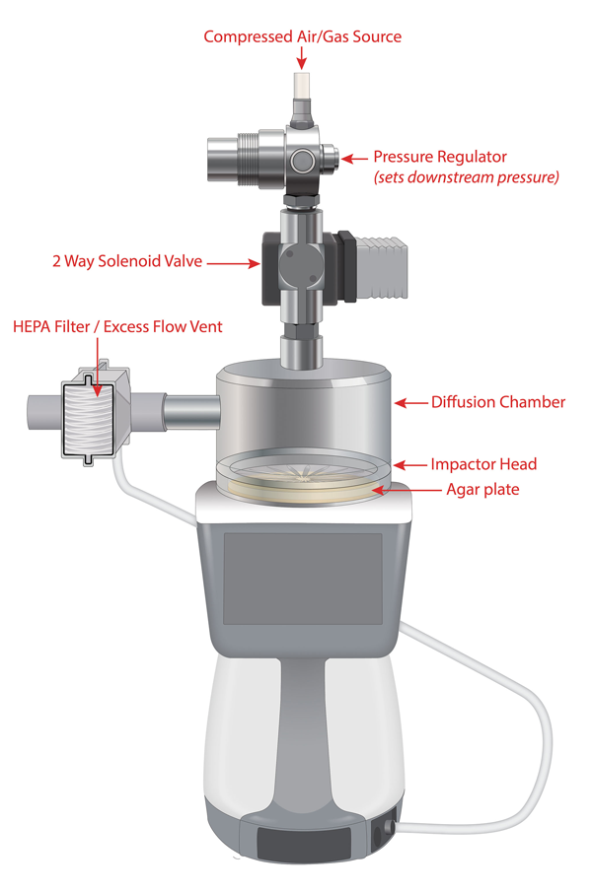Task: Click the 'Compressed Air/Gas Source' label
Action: pyautogui.click(x=302, y=37)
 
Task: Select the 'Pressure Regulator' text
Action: pyautogui.click(x=440, y=157)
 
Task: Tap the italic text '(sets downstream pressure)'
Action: pyautogui.click(x=466, y=177)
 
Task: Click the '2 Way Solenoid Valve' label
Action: pyautogui.click(x=127, y=261)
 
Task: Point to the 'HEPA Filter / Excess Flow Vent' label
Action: pyautogui.click(x=117, y=326)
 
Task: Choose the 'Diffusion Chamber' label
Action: pyautogui.click(x=498, y=402)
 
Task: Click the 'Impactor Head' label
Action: pyautogui.click(x=483, y=464)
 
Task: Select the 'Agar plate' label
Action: pyautogui.click(x=482, y=489)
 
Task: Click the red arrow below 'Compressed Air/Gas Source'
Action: pyautogui.click(x=302, y=58)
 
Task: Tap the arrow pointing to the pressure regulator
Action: pyautogui.click(x=354, y=159)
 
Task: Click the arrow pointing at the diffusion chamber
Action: pyautogui.click(x=411, y=403)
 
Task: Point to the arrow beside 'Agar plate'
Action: pyautogui.click(x=407, y=490)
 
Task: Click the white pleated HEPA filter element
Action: pyautogui.click(x=88, y=419)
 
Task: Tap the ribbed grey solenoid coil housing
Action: pyautogui.click(x=382, y=267)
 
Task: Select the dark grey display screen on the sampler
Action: pyautogui.click(x=303, y=579)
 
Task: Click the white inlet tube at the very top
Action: pyautogui.click(x=302, y=86)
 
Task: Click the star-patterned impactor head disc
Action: pyautogui.click(x=303, y=472)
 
